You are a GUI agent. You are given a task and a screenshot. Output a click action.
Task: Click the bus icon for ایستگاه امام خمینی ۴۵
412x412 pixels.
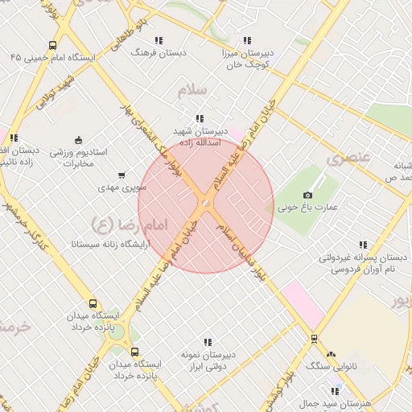pyautogui.click(x=52, y=46)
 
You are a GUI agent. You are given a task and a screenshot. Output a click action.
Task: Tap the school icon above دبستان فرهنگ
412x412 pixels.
pyautogui.click(x=159, y=39)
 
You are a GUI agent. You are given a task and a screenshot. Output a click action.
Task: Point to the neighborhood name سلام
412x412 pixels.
pyautogui.click(x=194, y=89)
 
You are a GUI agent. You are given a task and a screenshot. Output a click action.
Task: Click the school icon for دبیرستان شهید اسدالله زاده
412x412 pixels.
pyautogui.click(x=199, y=118)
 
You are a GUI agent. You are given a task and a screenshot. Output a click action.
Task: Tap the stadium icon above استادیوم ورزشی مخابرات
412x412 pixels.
pyautogui.click(x=77, y=139)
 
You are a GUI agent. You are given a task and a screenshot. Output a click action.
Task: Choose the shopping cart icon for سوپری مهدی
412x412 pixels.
pyautogui.click(x=122, y=175)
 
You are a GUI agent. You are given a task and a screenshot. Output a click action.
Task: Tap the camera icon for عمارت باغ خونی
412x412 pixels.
pyautogui.click(x=307, y=195)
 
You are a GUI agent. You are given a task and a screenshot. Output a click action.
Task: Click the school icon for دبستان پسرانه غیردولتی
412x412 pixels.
pyautogui.click(x=363, y=245)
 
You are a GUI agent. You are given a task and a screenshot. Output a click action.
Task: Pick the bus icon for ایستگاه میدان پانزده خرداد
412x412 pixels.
pyautogui.click(x=93, y=304)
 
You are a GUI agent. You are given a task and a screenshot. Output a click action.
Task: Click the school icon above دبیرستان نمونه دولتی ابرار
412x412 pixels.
pyautogui.click(x=208, y=342)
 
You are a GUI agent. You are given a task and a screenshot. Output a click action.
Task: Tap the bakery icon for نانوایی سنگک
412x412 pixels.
pyautogui.click(x=331, y=353)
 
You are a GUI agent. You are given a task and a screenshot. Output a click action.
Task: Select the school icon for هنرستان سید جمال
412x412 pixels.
pyautogui.click(x=336, y=391)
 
